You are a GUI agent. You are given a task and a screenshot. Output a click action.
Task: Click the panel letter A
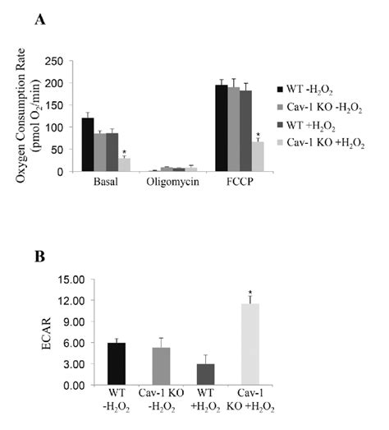(40, 20)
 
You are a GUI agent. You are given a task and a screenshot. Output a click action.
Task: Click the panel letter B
(40, 257)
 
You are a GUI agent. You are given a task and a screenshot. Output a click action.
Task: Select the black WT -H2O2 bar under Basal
(88, 145)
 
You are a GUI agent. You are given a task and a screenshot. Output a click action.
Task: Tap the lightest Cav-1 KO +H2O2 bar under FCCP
(258, 156)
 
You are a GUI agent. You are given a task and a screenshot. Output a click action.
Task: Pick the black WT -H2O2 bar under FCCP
(222, 128)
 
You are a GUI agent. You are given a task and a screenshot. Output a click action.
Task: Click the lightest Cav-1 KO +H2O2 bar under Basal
(124, 164)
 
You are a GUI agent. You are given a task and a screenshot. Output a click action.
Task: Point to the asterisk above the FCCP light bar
(258, 135)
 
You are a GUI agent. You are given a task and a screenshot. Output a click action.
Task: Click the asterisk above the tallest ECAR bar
(250, 293)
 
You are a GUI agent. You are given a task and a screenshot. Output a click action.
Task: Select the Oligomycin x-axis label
(172, 182)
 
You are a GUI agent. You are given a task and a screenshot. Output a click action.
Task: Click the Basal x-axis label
(106, 182)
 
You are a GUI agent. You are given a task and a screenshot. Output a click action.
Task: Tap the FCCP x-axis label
(240, 182)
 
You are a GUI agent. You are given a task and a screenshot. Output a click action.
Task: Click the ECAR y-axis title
(47, 333)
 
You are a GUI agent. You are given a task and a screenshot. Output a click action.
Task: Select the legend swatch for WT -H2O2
(280, 90)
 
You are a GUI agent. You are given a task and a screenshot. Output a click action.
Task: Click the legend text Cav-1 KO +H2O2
(326, 143)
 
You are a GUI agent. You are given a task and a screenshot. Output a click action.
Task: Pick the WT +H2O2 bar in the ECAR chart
(206, 375)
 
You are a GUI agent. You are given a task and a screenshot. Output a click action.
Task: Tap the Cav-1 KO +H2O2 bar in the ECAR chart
(250, 344)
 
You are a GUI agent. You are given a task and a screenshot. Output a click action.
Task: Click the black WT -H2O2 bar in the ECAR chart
(117, 364)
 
